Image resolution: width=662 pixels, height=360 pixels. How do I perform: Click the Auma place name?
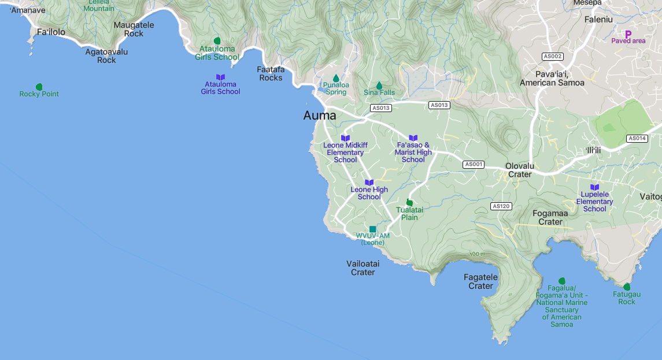click(x=319, y=116)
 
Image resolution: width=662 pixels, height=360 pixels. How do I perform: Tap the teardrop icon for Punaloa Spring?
click(x=336, y=78)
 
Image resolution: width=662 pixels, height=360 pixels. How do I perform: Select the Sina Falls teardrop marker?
click(x=379, y=86)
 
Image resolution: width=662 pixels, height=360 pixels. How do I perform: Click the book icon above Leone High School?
click(x=369, y=183)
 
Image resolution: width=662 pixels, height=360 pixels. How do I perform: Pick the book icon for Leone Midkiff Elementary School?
click(x=345, y=138)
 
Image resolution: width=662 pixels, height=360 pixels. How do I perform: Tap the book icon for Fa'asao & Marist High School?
click(x=413, y=138)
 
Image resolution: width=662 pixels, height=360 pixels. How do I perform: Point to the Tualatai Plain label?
click(x=409, y=214)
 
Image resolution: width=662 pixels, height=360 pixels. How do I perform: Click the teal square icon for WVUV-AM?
click(x=372, y=229)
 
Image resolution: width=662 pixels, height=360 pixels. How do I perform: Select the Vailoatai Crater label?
click(x=363, y=268)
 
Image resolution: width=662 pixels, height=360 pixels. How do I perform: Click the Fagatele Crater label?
click(x=480, y=281)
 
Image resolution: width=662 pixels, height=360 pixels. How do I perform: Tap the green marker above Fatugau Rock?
click(x=627, y=287)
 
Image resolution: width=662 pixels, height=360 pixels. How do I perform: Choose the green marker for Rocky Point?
click(x=39, y=87)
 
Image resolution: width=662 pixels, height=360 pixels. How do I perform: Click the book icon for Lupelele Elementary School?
click(x=594, y=187)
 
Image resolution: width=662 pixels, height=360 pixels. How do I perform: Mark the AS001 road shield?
click(x=473, y=165)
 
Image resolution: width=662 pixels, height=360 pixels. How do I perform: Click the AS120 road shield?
click(x=501, y=206)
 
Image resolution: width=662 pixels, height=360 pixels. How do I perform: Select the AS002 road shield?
click(x=553, y=57)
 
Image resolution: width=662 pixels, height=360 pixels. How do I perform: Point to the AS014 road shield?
click(x=637, y=139)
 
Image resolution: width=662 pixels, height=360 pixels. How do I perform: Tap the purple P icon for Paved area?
click(x=628, y=34)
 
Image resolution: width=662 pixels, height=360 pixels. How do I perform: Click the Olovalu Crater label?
click(x=519, y=170)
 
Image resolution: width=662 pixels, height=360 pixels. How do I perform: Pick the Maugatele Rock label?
click(x=134, y=29)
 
